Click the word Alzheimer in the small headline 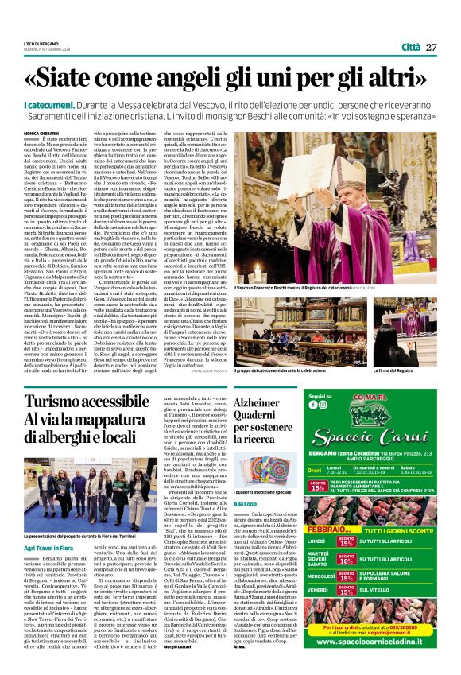point(254,402)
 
